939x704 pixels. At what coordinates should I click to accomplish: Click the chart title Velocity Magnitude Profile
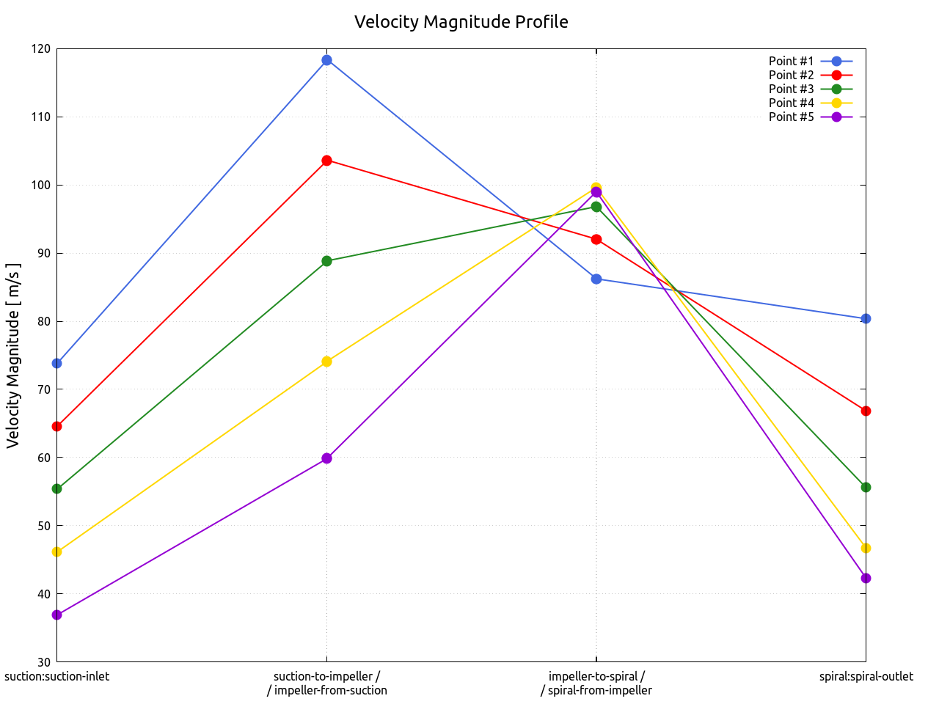click(x=461, y=22)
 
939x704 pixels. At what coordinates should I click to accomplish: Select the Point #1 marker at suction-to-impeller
click(x=326, y=60)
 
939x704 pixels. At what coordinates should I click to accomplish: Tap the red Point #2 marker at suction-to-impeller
click(x=326, y=161)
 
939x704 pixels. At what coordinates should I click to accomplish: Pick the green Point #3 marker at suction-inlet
click(x=57, y=488)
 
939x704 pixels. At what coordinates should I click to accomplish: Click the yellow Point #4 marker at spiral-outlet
click(x=866, y=549)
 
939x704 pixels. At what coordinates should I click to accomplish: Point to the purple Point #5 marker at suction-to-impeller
click(x=326, y=458)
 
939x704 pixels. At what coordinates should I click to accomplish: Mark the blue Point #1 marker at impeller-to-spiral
click(x=596, y=279)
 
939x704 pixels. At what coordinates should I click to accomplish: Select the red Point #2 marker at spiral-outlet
click(x=866, y=411)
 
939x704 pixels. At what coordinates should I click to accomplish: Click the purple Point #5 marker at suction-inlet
click(x=57, y=615)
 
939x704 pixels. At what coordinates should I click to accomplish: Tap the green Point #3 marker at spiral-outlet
click(x=866, y=487)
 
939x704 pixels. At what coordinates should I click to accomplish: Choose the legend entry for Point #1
click(x=792, y=61)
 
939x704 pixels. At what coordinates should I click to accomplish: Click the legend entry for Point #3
click(x=792, y=89)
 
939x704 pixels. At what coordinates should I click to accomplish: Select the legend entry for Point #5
click(x=792, y=117)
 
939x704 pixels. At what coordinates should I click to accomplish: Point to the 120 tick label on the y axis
click(x=41, y=49)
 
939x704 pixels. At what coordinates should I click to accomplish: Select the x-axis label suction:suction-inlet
click(x=57, y=676)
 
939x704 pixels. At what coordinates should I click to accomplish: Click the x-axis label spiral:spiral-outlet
click(x=866, y=676)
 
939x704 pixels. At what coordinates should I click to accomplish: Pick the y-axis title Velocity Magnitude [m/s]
click(x=13, y=356)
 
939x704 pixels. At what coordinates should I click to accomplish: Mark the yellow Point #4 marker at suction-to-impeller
click(x=326, y=362)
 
